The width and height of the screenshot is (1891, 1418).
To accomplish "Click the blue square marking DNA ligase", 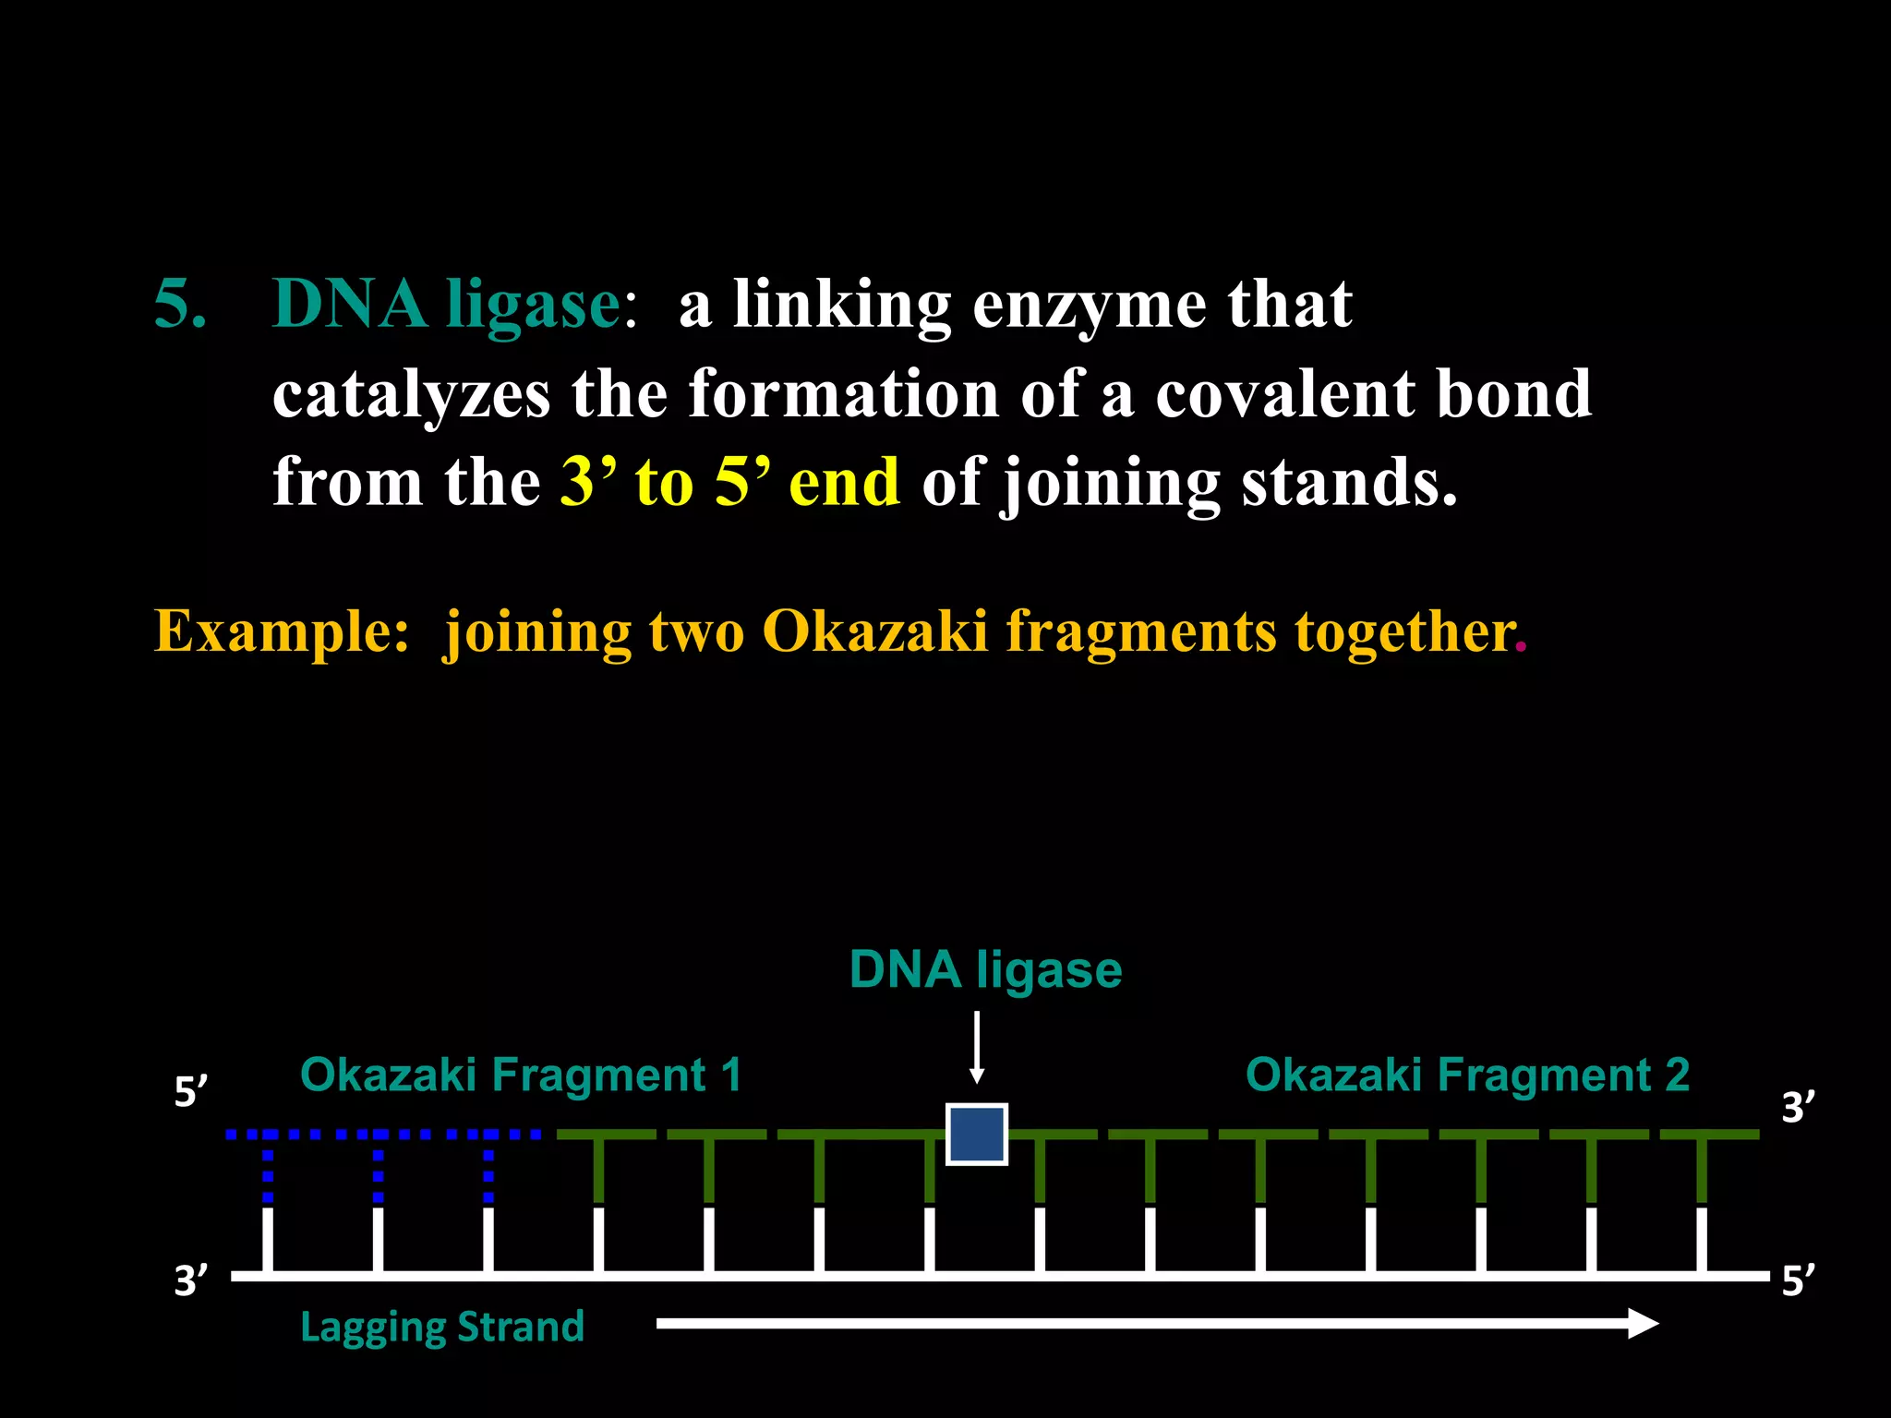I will (976, 1134).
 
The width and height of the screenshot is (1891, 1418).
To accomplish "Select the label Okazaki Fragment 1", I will (521, 1076).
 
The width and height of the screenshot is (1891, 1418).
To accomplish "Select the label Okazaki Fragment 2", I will (1467, 1076).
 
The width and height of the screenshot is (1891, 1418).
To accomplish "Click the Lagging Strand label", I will (442, 1327).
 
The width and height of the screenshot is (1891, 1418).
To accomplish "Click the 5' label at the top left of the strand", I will (191, 1092).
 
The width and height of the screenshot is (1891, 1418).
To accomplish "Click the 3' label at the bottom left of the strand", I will (191, 1280).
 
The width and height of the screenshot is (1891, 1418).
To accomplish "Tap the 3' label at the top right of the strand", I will (1798, 1107).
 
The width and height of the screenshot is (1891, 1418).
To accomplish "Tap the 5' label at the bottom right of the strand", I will (1798, 1280).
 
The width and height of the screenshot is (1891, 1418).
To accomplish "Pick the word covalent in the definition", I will (1284, 393).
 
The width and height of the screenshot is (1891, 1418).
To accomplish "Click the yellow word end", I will (844, 482).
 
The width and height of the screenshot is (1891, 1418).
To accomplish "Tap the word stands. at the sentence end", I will (1349, 482).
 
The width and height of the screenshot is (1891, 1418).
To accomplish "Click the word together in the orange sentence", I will (1403, 631).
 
